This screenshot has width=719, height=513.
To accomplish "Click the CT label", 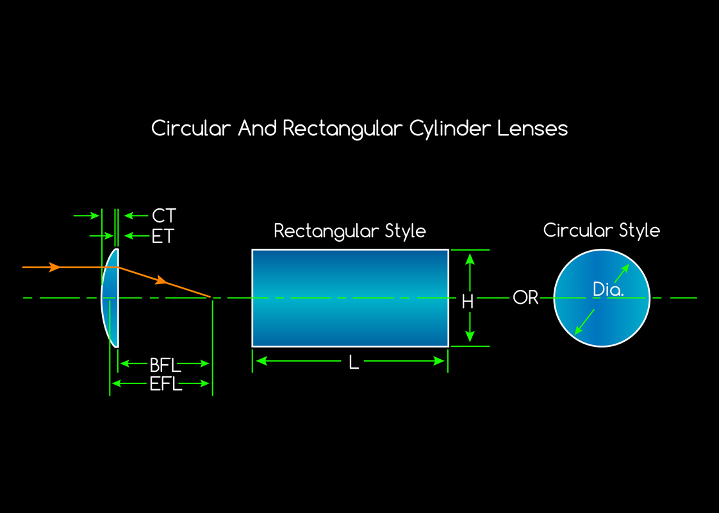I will tap(164, 215).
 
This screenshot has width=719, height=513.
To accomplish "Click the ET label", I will tap(163, 237).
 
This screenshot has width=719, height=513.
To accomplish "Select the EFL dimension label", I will tap(165, 385).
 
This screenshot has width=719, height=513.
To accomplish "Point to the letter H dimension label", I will tap(468, 301).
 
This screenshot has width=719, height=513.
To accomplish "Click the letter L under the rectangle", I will tap(354, 363).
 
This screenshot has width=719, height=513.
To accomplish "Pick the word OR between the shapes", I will tap(525, 298).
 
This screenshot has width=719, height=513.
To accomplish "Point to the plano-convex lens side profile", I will tap(110, 298).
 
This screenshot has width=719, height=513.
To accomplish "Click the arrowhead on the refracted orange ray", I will tap(163, 280).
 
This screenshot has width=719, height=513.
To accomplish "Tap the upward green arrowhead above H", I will tap(470, 258).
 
